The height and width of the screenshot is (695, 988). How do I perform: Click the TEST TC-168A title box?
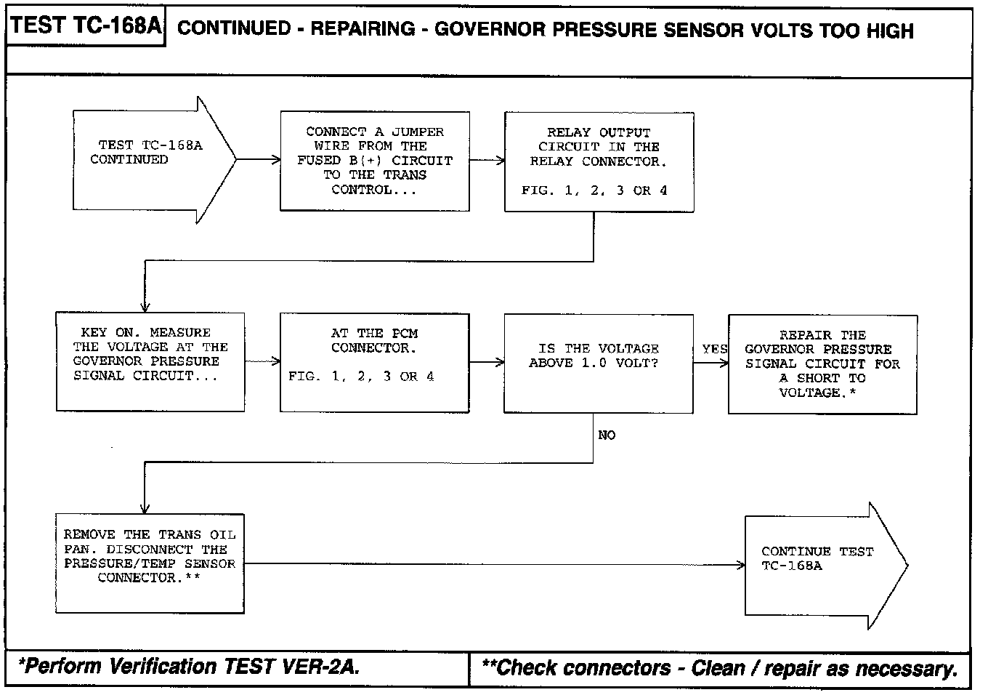click(86, 27)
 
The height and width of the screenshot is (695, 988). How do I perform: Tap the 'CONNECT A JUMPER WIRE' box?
click(375, 161)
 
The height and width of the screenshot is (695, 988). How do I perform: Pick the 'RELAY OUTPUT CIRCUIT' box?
click(599, 161)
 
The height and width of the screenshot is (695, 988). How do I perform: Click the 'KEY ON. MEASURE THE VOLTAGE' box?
click(150, 362)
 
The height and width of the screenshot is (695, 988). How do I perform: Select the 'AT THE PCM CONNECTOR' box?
click(374, 362)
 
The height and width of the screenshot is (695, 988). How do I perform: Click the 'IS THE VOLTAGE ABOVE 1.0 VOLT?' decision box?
click(598, 363)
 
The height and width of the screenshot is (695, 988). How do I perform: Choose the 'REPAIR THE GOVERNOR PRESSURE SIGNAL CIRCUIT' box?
click(822, 363)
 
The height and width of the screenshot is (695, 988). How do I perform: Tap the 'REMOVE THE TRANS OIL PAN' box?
click(150, 563)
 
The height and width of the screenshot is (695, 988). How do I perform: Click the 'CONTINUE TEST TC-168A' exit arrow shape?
click(821, 565)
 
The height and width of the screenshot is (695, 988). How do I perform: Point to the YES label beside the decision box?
click(715, 350)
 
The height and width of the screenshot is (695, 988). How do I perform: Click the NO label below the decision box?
click(607, 435)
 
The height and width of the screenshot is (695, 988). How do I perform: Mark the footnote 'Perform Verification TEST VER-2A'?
click(190, 667)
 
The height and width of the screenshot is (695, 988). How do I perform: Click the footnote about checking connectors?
click(719, 668)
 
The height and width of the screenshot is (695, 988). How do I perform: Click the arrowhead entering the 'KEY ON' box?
click(145, 306)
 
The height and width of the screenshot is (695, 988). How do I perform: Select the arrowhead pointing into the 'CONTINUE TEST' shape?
click(740, 565)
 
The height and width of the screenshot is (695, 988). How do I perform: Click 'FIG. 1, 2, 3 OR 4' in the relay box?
click(594, 190)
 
